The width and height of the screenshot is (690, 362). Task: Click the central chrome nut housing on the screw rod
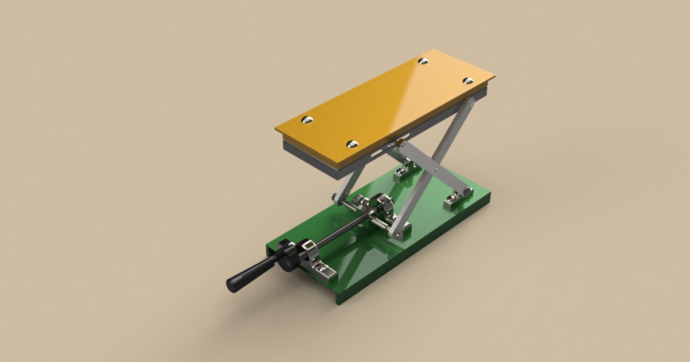(x=382, y=209)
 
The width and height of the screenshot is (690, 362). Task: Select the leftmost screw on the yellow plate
(x=308, y=120)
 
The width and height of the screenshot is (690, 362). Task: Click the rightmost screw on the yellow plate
(x=468, y=80)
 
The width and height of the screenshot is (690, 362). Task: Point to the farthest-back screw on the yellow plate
(x=423, y=60)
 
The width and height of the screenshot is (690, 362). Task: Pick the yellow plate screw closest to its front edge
(x=352, y=144)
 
